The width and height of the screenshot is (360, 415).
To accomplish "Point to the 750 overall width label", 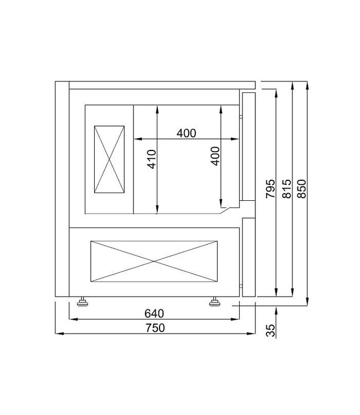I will tap(156, 327).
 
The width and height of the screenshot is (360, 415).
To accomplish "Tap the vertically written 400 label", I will tap(215, 155).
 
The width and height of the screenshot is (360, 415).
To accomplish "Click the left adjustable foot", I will tap(83, 302).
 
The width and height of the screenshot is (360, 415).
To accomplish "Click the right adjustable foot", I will tap(214, 302).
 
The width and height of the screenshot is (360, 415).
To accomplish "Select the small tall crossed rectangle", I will tap(110, 159).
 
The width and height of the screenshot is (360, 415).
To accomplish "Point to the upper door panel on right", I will tap(248, 147).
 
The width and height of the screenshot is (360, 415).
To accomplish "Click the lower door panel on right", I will tap(248, 257).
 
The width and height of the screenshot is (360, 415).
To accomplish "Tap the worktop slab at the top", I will tap(161, 85).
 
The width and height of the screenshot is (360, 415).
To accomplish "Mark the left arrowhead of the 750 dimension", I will tap(58, 334).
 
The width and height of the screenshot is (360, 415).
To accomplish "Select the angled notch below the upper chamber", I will tap(225, 209).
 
